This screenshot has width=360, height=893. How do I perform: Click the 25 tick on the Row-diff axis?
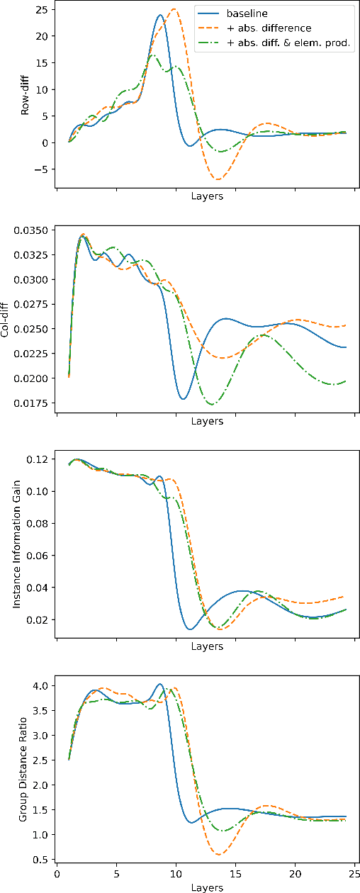(x=41, y=9)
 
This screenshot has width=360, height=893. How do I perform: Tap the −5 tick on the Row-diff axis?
(x=41, y=170)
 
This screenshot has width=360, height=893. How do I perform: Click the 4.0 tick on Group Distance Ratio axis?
(x=40, y=686)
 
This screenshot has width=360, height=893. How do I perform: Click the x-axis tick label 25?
(x=354, y=875)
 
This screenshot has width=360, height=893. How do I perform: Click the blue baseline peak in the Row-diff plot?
(x=159, y=15)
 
